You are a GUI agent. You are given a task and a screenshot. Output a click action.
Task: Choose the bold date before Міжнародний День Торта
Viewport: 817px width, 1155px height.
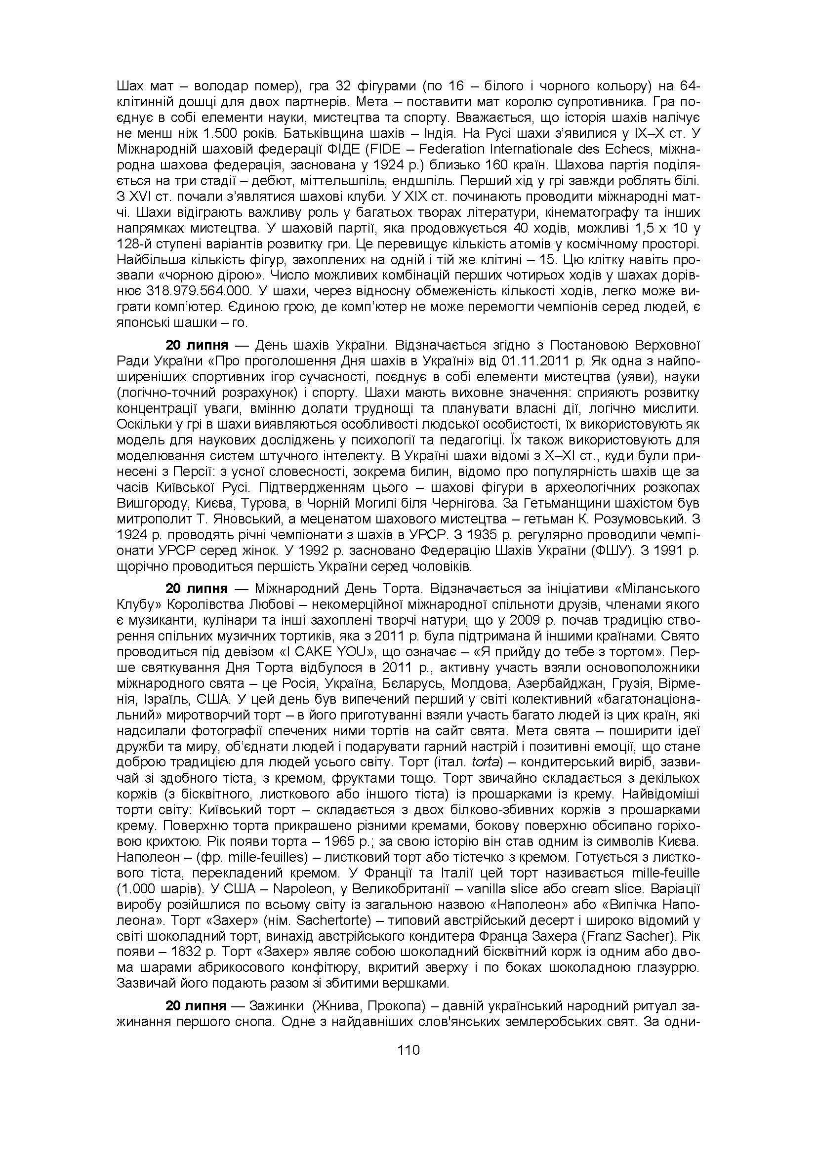tap(197, 589)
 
